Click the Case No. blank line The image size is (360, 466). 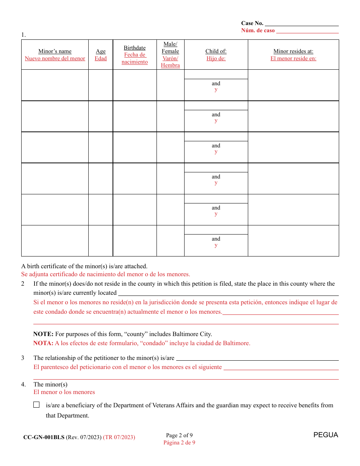tap(302, 23)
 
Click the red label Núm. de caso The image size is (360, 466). tap(258, 31)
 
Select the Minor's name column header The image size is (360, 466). tap(55, 52)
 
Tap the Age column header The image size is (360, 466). tap(101, 52)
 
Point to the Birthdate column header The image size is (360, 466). tap(135, 48)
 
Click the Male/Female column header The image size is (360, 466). tap(170, 48)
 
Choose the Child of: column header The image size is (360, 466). tap(216, 52)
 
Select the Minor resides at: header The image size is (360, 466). tap(293, 52)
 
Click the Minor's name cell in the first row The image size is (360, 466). tap(55, 85)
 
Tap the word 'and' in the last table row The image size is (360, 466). tap(216, 239)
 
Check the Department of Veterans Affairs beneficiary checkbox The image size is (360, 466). tap(36, 405)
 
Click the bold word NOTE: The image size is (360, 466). tap(43, 334)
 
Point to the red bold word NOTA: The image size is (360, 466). tap(43, 343)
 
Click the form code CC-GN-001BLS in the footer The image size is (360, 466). tap(44, 437)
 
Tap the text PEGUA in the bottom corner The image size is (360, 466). tap(326, 435)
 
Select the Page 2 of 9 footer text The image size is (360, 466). tap(179, 435)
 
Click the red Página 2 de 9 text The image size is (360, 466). tap(179, 443)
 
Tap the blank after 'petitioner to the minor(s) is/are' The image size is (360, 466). tap(257, 358)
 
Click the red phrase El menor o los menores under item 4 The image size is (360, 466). tap(64, 392)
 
